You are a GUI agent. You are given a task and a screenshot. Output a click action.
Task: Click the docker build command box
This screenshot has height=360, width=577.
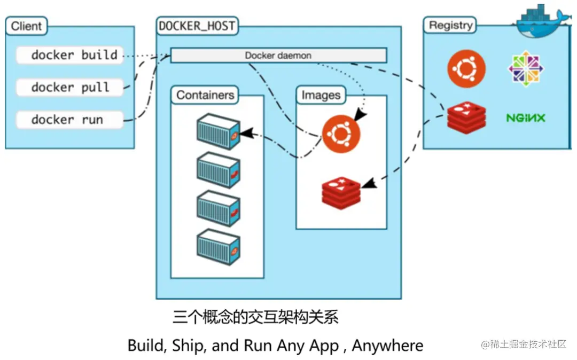tap(69, 55)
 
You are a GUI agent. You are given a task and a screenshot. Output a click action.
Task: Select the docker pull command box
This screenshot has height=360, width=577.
tap(69, 87)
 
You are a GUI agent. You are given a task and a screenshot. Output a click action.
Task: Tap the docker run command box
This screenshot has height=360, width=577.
tap(69, 120)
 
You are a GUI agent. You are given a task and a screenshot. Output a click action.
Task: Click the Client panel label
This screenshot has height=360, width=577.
tap(26, 26)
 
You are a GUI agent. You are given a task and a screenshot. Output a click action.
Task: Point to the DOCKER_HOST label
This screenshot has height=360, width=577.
tap(197, 26)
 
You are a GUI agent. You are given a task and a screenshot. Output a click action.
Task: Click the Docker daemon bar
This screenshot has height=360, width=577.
tap(278, 56)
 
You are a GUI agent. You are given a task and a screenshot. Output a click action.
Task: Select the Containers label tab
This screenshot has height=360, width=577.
tap(205, 95)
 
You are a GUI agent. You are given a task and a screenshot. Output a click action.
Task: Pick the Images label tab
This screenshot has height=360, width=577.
tap(321, 95)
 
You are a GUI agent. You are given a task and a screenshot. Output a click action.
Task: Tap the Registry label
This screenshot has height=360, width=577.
tap(450, 25)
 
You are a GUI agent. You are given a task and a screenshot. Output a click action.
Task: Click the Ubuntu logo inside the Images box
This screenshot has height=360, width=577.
tap(341, 134)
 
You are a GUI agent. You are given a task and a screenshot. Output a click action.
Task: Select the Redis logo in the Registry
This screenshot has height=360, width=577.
tap(466, 117)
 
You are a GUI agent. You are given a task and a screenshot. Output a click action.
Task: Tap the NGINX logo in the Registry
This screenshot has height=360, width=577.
tap(526, 118)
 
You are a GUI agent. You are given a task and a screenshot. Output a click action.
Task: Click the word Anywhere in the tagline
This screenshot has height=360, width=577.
tap(387, 345)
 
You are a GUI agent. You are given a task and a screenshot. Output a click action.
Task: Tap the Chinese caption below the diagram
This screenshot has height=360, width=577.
tap(255, 317)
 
